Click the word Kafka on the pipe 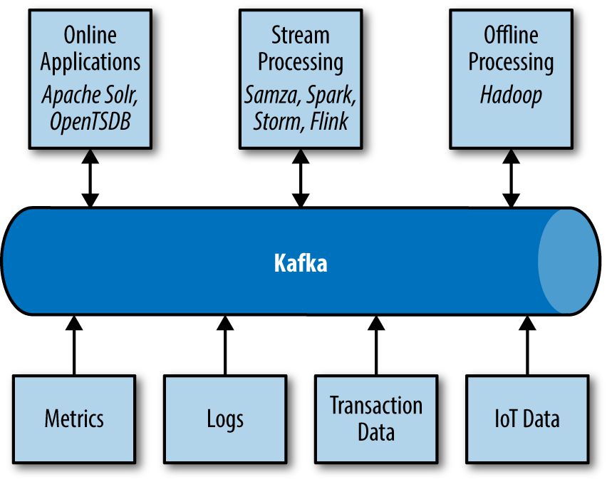(x=301, y=263)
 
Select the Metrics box (x=74, y=419)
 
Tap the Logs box (x=225, y=419)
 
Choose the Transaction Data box (x=376, y=419)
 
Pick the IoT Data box (x=527, y=419)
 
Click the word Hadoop (x=510, y=95)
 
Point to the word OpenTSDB (x=90, y=122)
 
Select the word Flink (x=329, y=122)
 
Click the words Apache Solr (x=90, y=95)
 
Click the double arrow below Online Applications (x=90, y=180)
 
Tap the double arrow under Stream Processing (x=301, y=180)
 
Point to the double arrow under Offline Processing (x=510, y=180)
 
